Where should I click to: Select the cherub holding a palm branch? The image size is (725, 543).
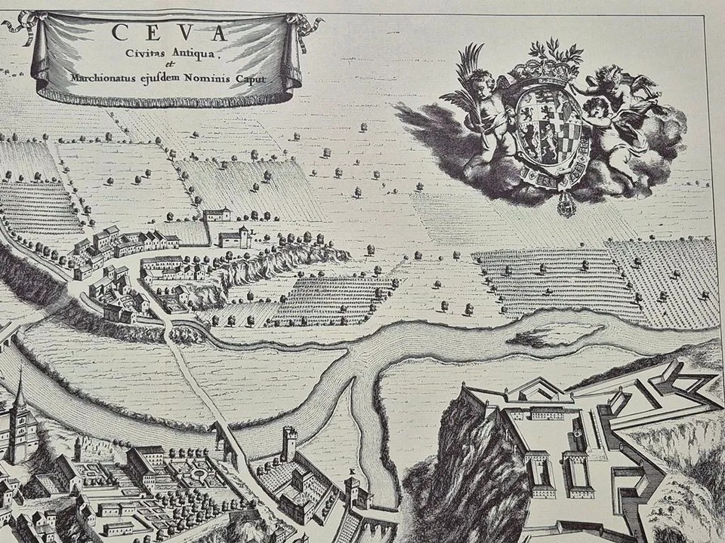[x=483, y=106]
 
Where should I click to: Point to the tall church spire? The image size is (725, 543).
[x=20, y=400]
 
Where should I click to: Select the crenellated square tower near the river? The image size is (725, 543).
[x=289, y=443]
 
